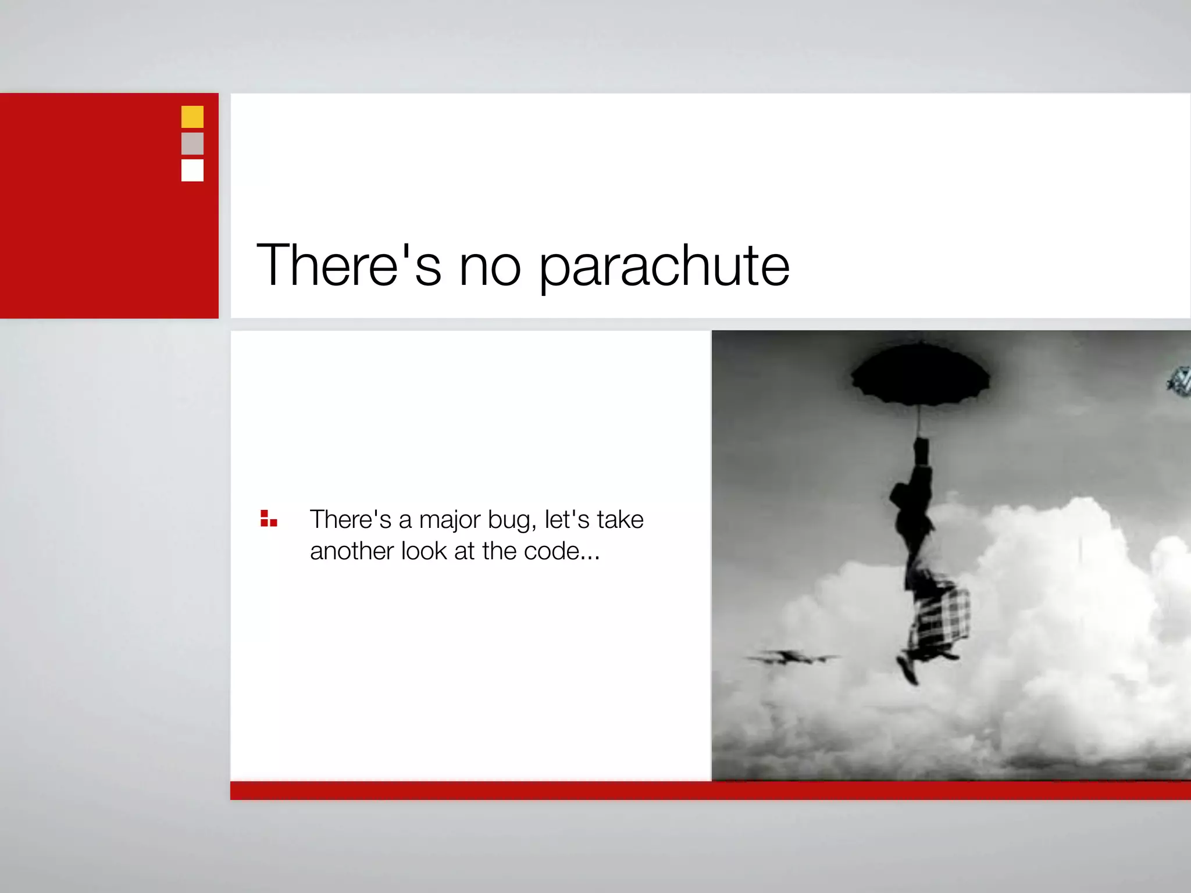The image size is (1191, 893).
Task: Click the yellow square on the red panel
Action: coord(192,116)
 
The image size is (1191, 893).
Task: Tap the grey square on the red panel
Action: coord(192,143)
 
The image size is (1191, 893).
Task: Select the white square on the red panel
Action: coord(192,170)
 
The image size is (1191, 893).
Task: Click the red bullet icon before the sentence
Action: coord(268,519)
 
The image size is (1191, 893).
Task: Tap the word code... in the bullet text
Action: coord(561,551)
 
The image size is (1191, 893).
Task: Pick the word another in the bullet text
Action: coord(351,551)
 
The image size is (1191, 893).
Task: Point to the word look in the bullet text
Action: coord(423,551)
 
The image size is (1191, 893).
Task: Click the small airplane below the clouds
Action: coord(791,658)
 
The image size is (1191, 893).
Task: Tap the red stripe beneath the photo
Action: coord(709,791)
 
